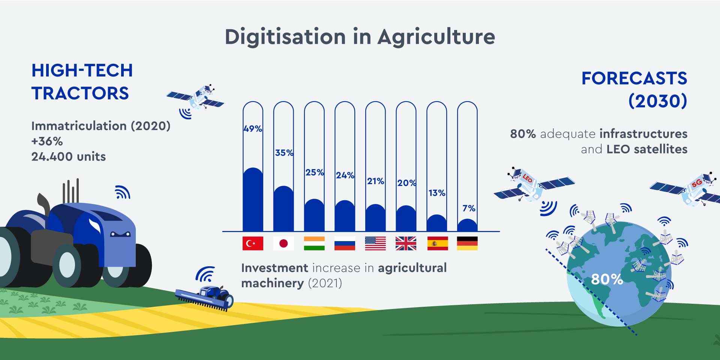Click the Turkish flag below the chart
(x=253, y=243)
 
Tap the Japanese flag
(x=283, y=243)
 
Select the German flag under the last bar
(x=467, y=243)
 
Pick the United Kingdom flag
(x=406, y=243)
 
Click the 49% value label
(x=253, y=129)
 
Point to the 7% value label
(x=469, y=208)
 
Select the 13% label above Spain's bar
(x=437, y=193)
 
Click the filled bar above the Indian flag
(x=314, y=215)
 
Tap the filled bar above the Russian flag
(x=345, y=216)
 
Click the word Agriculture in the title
(x=436, y=37)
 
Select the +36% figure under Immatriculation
(x=47, y=141)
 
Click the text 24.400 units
(x=69, y=156)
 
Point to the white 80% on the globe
(x=607, y=279)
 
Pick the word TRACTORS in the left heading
(x=80, y=93)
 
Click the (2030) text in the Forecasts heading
(x=658, y=101)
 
